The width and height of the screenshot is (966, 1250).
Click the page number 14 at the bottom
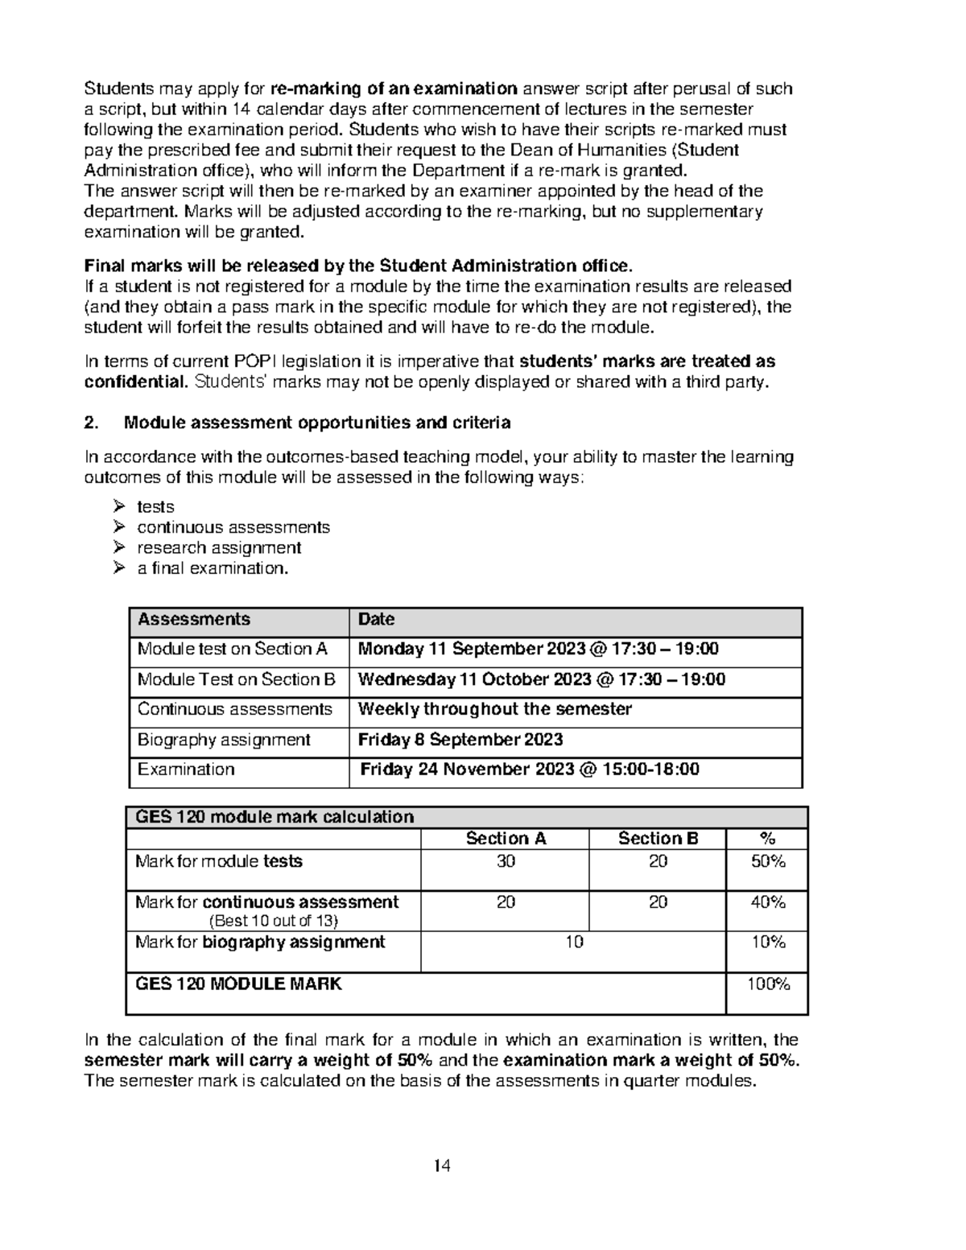point(442,1165)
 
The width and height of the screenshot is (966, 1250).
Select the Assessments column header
point(193,620)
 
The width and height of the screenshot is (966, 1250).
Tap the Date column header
point(376,620)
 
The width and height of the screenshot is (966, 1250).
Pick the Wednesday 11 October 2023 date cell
point(541,679)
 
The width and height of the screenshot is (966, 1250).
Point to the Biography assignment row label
point(224,740)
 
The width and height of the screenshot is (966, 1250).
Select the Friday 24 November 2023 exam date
point(530,769)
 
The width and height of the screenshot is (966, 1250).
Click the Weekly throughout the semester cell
point(494,709)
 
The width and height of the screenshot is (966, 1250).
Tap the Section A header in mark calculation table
point(506,839)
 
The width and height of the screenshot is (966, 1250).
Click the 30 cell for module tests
point(506,861)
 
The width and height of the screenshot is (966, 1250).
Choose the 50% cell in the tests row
point(767,861)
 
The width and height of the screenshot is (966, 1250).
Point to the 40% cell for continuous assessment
point(767,902)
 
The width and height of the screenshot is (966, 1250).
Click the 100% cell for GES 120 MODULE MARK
point(767,984)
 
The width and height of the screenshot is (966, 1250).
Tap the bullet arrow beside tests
point(119,506)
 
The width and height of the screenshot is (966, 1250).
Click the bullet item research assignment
point(219,548)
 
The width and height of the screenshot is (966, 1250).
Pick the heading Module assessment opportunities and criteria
point(317,423)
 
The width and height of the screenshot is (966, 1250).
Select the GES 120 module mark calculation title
point(275,817)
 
